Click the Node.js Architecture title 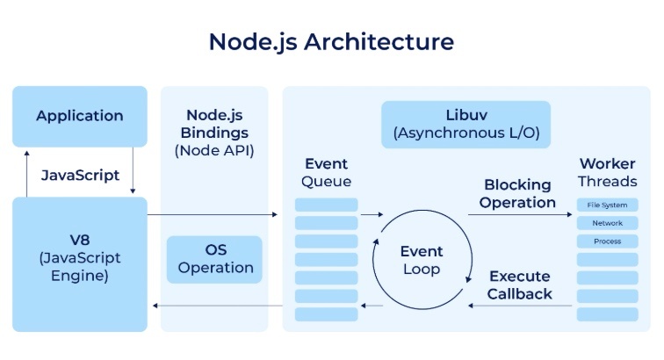point(332,42)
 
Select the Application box point(80,117)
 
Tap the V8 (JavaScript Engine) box point(80,264)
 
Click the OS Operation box point(214,259)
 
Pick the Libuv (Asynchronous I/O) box point(466,124)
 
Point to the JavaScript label point(80,175)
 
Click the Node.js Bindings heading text point(214,124)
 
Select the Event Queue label point(326,172)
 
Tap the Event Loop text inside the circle point(422,260)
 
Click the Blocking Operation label point(517,193)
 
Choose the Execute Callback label point(520,285)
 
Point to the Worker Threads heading point(607,172)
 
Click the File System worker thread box point(607,205)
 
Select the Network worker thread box point(607,223)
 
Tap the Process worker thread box point(607,241)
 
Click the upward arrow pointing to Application point(26,174)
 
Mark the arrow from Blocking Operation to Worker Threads point(520,214)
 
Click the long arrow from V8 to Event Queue point(213,214)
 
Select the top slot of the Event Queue point(326,205)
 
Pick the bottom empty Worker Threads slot point(607,314)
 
